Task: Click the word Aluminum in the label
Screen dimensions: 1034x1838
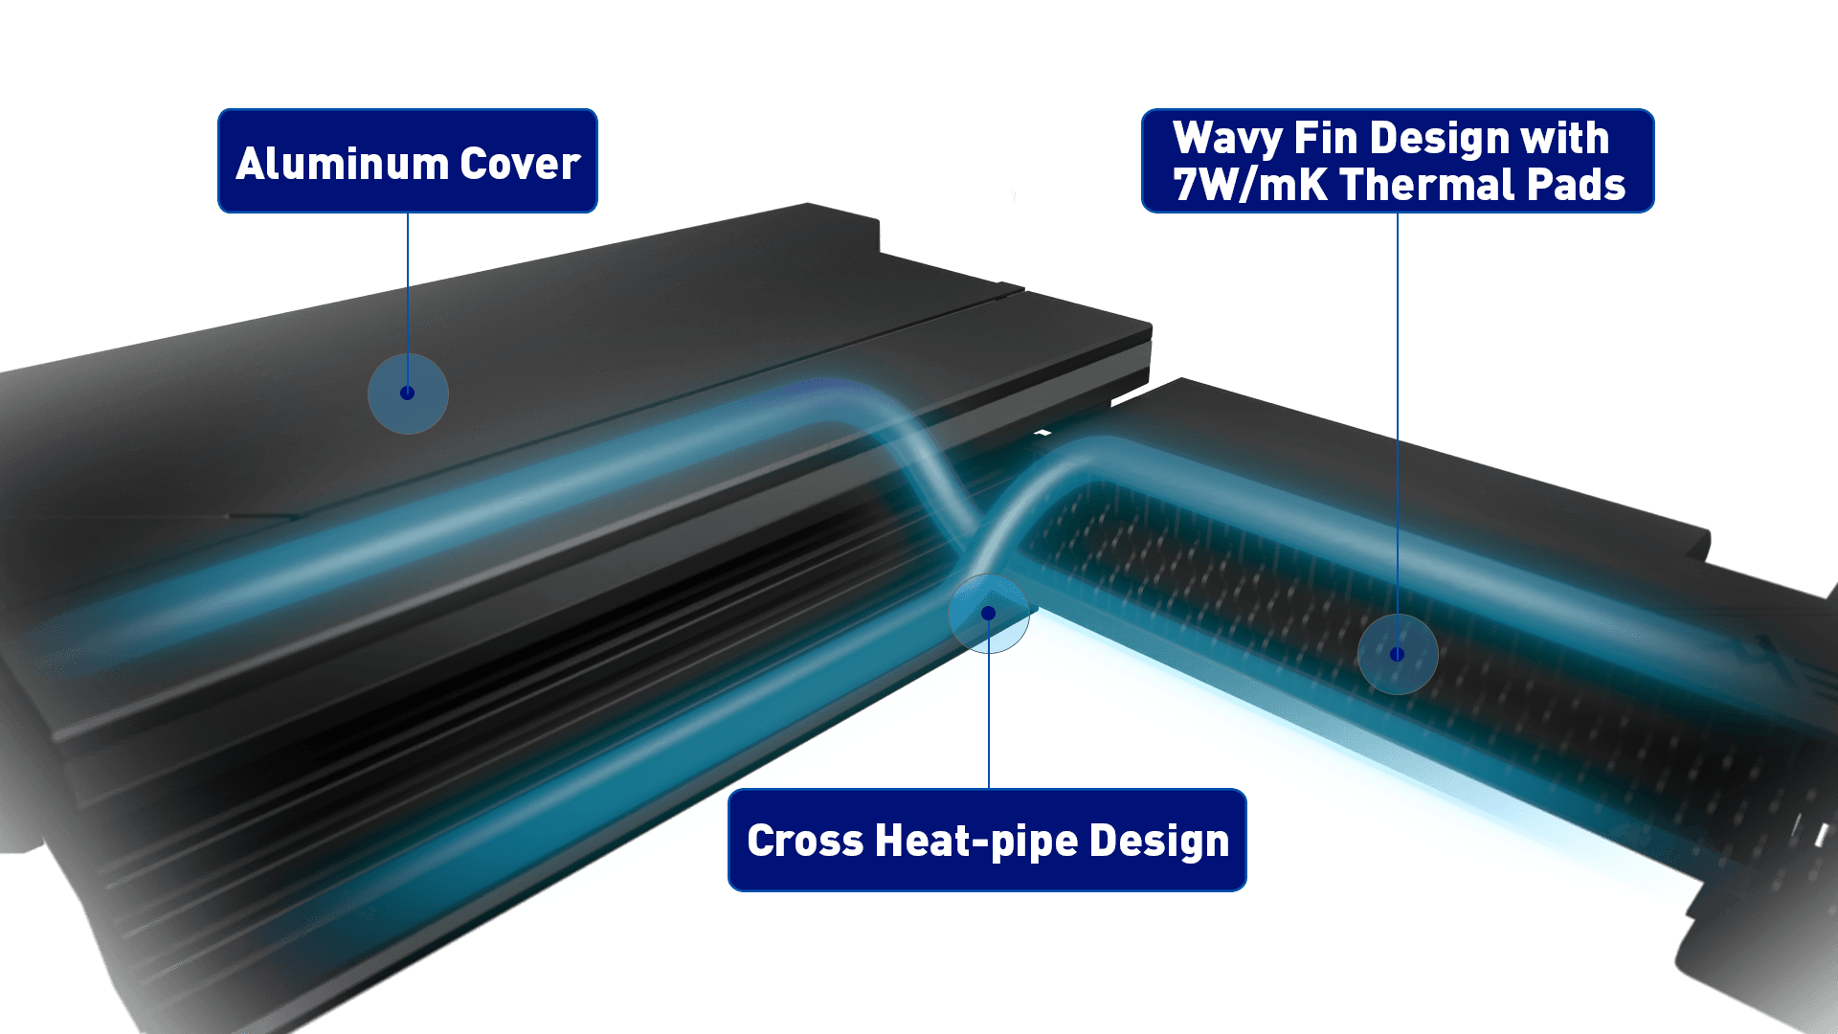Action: tap(342, 164)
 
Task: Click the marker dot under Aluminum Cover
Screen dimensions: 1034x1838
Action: tap(408, 393)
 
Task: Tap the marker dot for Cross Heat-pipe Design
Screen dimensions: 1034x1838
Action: tap(989, 613)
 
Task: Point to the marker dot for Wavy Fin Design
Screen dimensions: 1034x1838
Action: tap(1398, 654)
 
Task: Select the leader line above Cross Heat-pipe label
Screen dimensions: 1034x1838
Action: tap(989, 718)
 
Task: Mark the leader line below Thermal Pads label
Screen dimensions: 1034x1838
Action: tap(1398, 412)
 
